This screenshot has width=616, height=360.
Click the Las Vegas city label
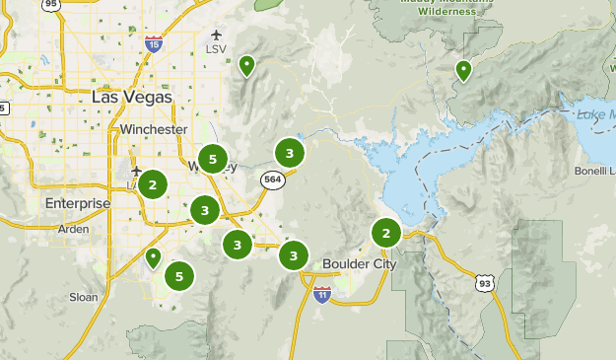pyautogui.click(x=131, y=97)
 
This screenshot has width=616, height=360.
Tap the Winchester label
pyautogui.click(x=153, y=129)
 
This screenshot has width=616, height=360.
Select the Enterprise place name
pyautogui.click(x=78, y=203)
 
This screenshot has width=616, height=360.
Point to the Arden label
pyautogui.click(x=73, y=228)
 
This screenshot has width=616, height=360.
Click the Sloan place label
pyautogui.click(x=83, y=295)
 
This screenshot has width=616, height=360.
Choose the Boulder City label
pyautogui.click(x=360, y=264)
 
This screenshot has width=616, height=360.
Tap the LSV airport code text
pyautogui.click(x=216, y=48)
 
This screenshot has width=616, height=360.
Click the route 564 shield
pyautogui.click(x=272, y=180)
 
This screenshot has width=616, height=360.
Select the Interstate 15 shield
pyautogui.click(x=153, y=42)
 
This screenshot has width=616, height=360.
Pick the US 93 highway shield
pyautogui.click(x=484, y=283)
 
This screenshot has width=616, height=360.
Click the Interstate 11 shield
pyautogui.click(x=322, y=293)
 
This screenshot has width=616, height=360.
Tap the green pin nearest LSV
pyautogui.click(x=246, y=66)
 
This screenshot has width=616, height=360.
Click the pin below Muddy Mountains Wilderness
pyautogui.click(x=462, y=70)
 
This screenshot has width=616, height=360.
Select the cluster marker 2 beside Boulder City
pyautogui.click(x=385, y=233)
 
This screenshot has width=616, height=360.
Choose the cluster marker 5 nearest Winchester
pyautogui.click(x=212, y=158)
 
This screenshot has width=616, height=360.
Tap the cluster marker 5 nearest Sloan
pyautogui.click(x=178, y=277)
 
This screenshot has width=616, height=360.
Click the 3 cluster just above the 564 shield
pyautogui.click(x=289, y=153)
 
